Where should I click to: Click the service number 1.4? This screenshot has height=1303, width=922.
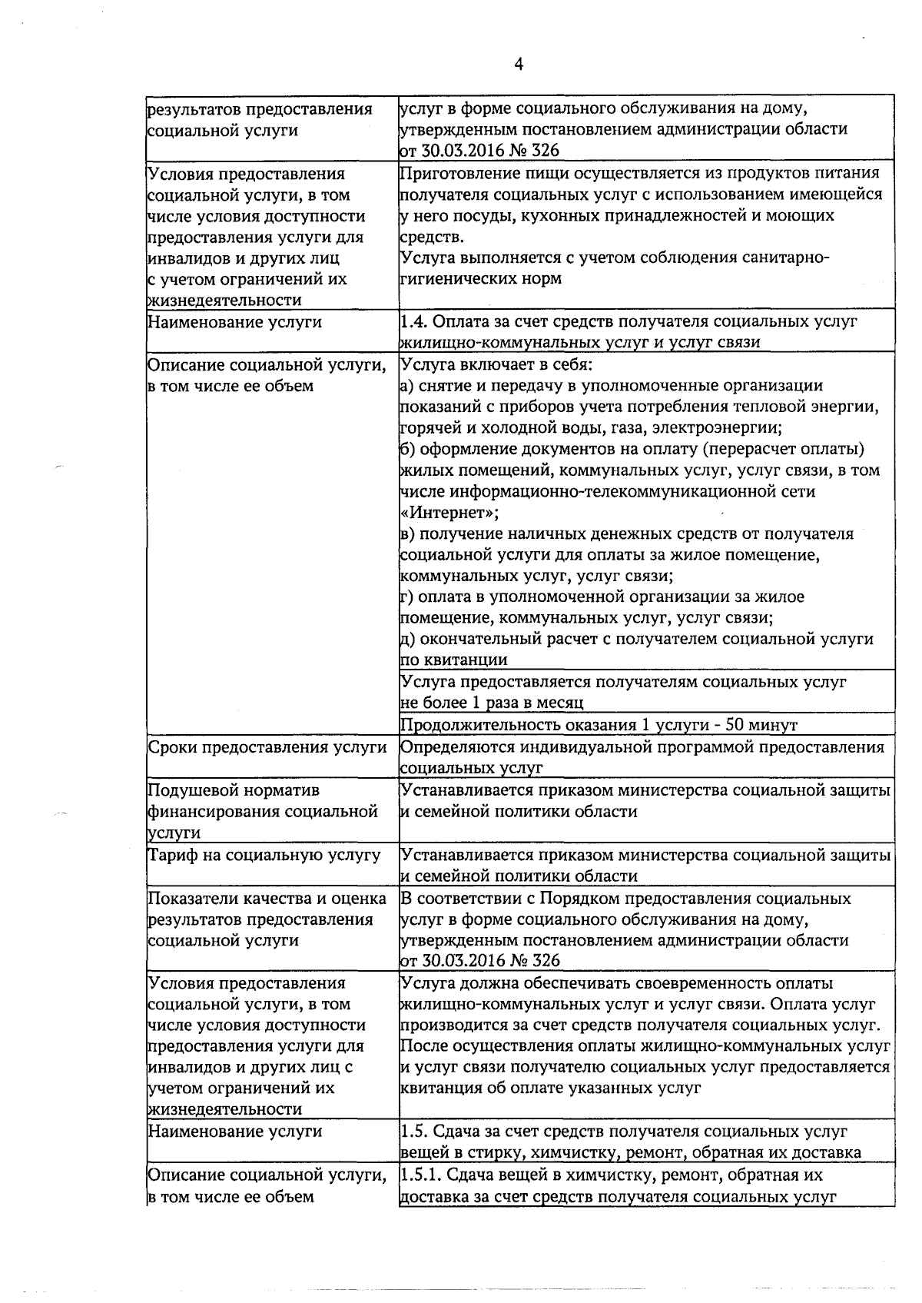[x=413, y=322]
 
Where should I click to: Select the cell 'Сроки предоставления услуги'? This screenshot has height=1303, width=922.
[x=267, y=747]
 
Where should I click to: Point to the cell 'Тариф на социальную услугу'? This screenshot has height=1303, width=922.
[x=264, y=855]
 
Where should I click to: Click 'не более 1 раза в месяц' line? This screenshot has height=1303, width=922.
[x=492, y=703]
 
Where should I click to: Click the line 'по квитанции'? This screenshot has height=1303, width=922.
[x=453, y=660]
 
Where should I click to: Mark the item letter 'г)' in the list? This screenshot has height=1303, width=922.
[x=406, y=597]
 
